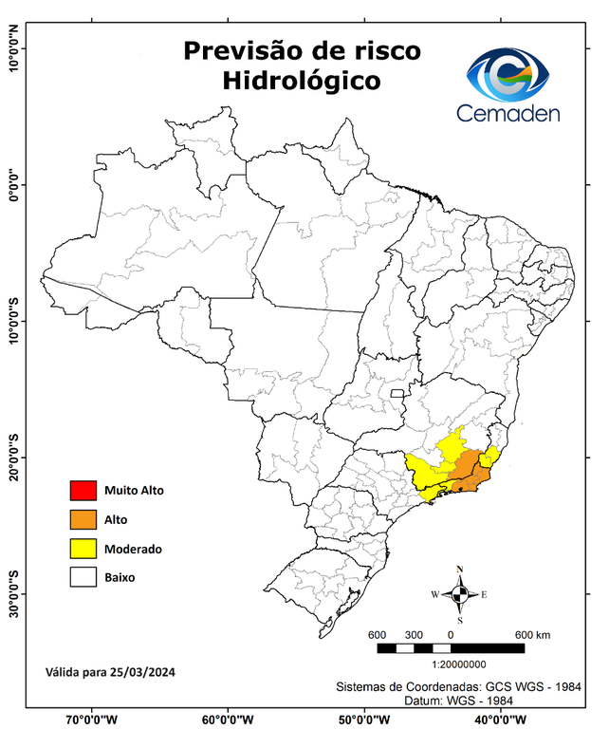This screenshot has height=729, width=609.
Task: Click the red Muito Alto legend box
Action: pos(83,491)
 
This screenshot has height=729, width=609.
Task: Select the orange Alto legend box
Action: pos(83,519)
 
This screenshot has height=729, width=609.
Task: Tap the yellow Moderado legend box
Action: pos(83,548)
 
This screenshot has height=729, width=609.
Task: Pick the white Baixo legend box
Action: pos(83,576)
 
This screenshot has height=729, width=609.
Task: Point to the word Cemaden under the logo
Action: pos(507,113)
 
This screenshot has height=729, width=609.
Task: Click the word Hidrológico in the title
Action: pos(302,81)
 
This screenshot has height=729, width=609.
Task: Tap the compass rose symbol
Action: pos(460,595)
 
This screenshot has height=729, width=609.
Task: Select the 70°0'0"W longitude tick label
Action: pos(91,719)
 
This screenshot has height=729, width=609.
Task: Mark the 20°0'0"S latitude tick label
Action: pos(13,458)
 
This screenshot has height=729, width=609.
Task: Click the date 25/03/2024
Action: pos(142,672)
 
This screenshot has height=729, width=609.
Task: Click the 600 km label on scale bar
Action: pos(532,634)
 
